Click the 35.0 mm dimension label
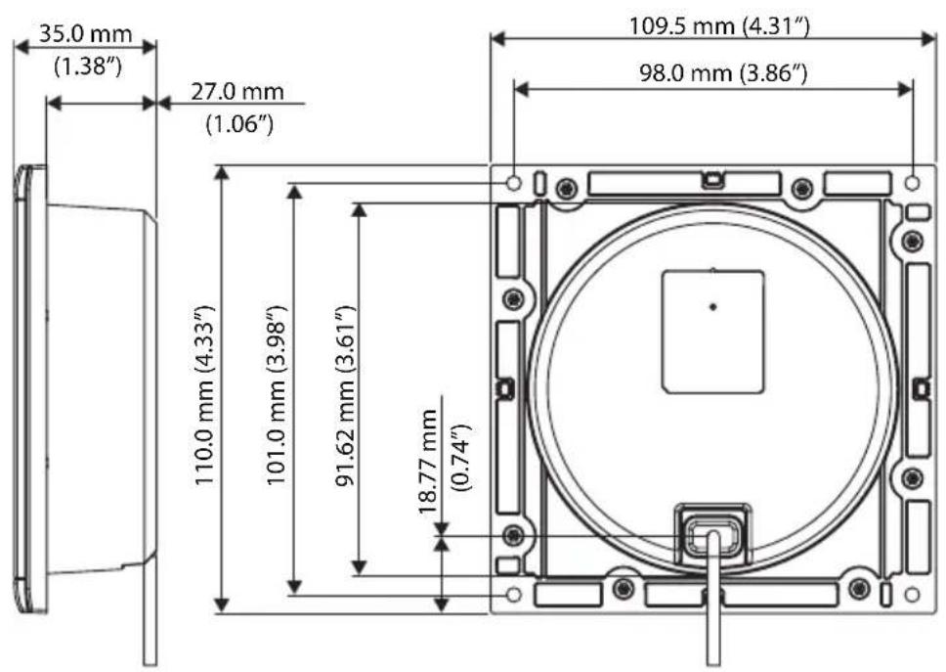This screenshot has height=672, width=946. [x=85, y=34]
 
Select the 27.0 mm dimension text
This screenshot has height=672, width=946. [x=237, y=92]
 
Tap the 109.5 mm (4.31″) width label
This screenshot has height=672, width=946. [x=719, y=26]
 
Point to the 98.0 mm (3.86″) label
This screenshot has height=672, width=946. [x=723, y=73]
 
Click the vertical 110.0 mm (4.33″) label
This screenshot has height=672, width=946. [x=205, y=395]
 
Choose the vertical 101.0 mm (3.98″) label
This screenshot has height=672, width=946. [x=277, y=395]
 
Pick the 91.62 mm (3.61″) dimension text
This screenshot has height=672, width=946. [x=346, y=396]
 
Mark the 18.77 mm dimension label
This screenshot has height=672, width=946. [x=428, y=462]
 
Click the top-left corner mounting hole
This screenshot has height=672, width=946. [x=513, y=182]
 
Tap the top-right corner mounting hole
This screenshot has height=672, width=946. [x=912, y=182]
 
